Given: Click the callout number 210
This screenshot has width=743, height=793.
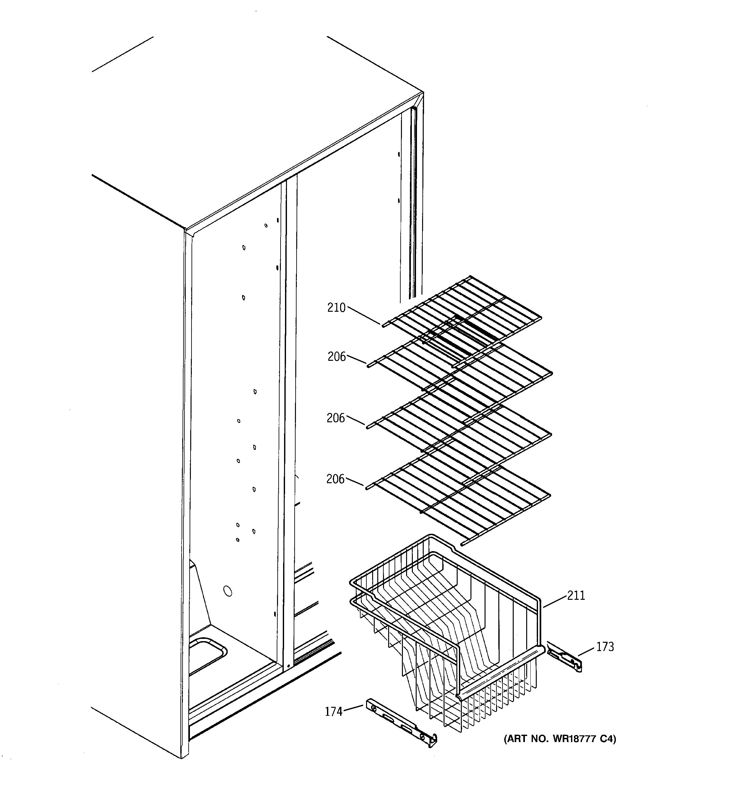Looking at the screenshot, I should coord(336,308).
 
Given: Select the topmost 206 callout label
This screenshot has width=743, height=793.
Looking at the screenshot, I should coord(337,356).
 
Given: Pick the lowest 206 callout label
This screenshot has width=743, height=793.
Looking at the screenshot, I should coord(335,479).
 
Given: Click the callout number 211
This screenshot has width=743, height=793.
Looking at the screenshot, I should coord(576,596).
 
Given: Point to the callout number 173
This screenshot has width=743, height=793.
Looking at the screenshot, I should coord(605,647).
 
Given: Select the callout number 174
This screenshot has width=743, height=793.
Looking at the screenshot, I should coord(334,712).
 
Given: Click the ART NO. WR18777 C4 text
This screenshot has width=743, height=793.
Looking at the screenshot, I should coord(559,739).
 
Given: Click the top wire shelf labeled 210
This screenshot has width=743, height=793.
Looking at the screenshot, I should coord(463,315).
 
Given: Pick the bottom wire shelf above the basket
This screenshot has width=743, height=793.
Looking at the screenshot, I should coord(459,499).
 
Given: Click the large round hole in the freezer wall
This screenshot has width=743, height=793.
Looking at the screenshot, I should coord(227,591).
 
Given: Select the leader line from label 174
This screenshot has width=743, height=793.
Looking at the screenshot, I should coord(353,708).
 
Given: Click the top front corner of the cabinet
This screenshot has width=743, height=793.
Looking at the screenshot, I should coord(186,230).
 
